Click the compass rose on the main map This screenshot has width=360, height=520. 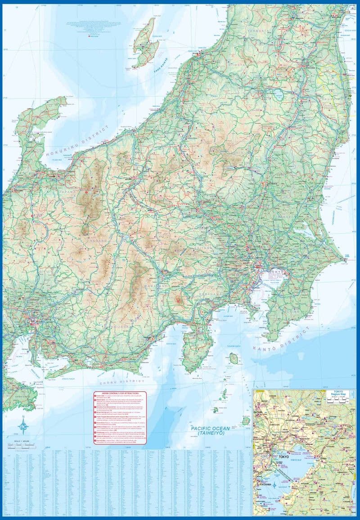[23, 425]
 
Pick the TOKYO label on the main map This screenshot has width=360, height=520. [275, 271]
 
